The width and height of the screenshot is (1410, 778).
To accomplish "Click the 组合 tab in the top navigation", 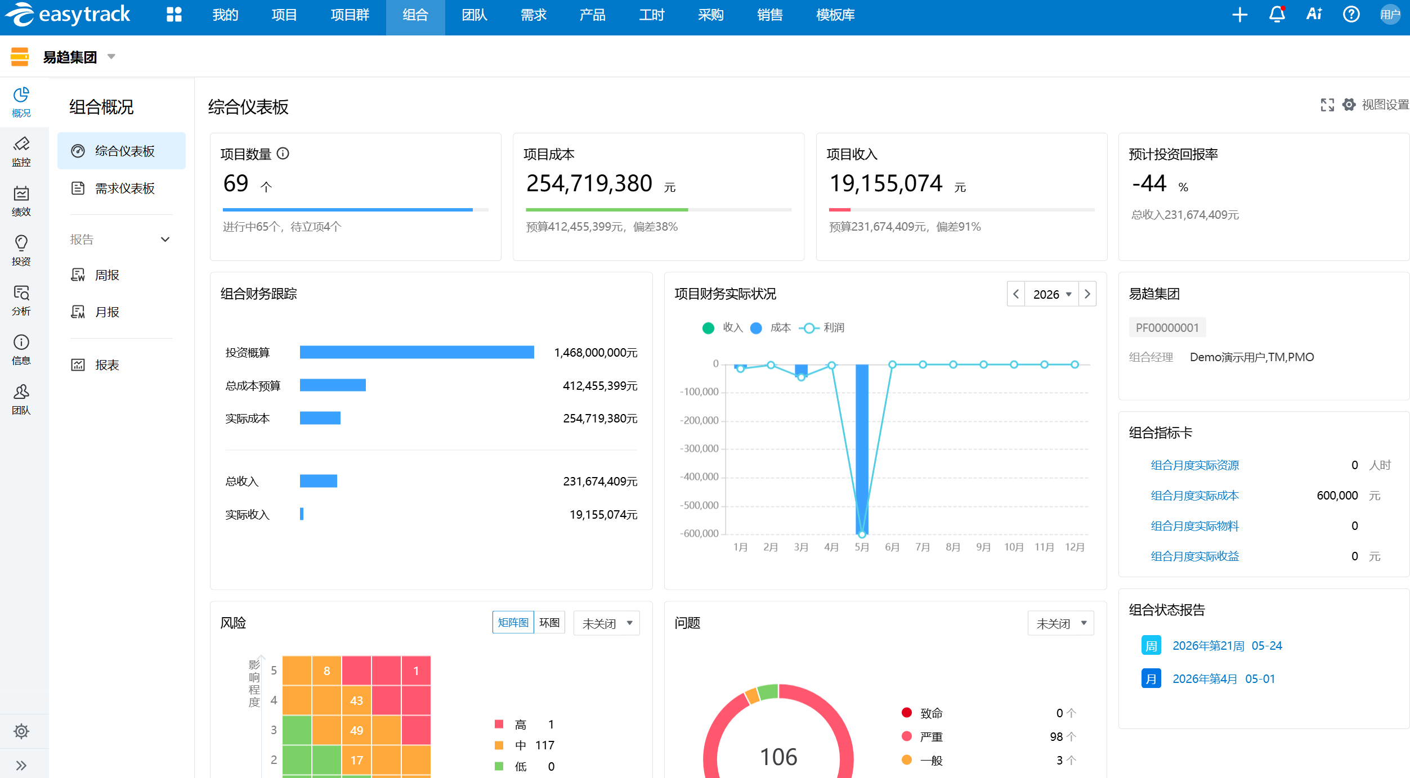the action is pos(415,15).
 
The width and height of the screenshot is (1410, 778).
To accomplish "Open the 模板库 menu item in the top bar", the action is pos(835,15).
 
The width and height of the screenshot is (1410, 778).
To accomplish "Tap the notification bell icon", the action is pos(1277,15).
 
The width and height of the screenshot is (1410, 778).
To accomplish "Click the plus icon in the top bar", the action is pos(1240,15).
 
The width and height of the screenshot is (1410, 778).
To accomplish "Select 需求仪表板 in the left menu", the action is pos(124,188).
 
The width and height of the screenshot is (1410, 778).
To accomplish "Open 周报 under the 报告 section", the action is pos(107,275).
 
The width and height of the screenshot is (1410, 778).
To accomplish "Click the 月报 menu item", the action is pos(107,312).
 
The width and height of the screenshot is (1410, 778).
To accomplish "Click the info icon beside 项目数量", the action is pos(283,154).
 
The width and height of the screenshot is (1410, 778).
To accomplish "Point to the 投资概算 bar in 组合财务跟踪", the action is pos(417,352).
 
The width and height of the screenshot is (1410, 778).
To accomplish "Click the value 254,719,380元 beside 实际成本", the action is pos(600,419).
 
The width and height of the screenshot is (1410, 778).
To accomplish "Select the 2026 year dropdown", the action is pos(1051,294).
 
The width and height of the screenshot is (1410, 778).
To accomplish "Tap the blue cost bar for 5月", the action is pos(862,449).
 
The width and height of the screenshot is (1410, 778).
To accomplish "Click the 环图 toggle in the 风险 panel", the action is pos(549,623).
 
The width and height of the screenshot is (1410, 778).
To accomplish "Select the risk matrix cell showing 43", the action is pos(356,700).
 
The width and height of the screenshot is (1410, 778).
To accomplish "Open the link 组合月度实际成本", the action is pos(1194,496).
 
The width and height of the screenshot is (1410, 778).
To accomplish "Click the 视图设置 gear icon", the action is pos(1349,105).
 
